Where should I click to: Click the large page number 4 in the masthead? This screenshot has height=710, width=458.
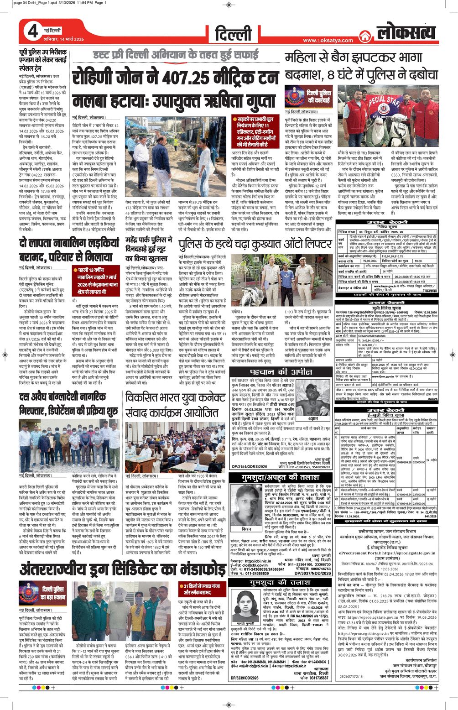(x=33, y=31)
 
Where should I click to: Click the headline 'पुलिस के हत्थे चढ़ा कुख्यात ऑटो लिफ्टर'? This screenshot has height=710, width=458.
(x=255, y=245)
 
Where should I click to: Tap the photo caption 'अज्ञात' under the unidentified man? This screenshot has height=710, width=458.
(x=313, y=418)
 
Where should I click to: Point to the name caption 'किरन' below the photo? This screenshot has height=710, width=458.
(x=246, y=528)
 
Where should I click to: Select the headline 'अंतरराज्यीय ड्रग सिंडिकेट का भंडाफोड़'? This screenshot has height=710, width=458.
(x=122, y=570)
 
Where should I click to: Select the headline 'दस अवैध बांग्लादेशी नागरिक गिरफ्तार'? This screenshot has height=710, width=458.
(x=68, y=403)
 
